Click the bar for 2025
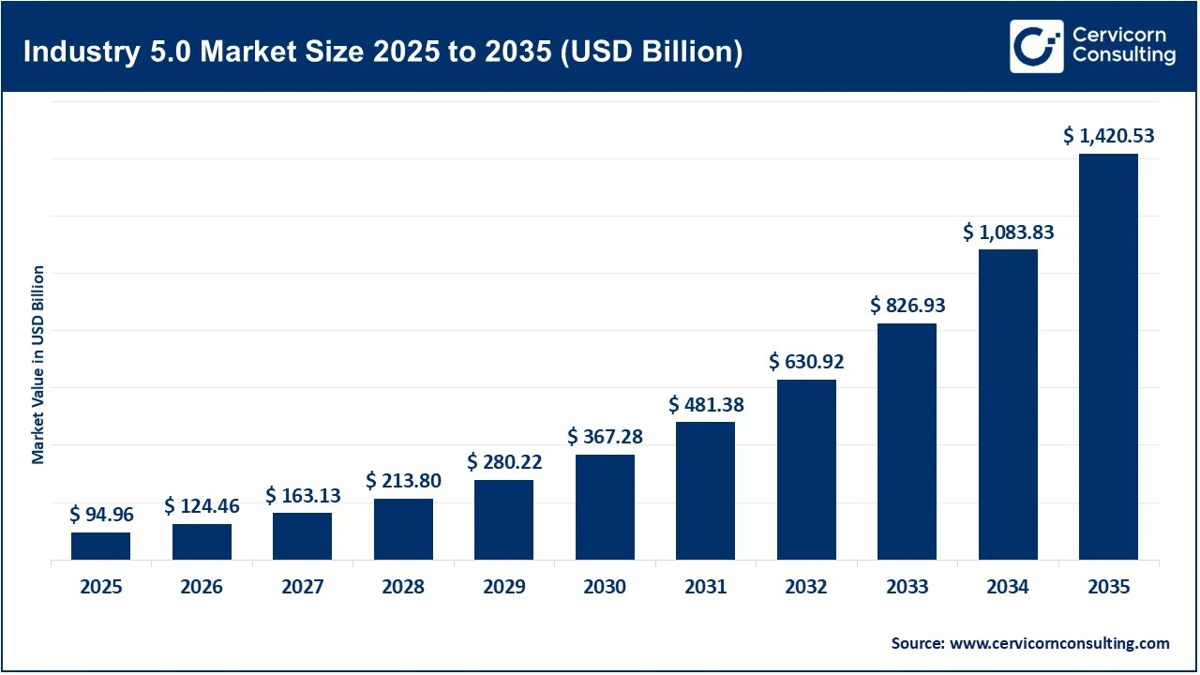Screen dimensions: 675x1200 tap(100, 546)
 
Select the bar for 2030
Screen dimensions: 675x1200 tap(605, 507)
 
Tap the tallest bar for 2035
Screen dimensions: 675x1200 tap(1108, 356)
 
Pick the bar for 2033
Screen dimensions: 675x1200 tap(907, 442)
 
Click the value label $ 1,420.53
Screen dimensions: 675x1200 tap(1108, 136)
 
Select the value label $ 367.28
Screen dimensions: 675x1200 tap(605, 437)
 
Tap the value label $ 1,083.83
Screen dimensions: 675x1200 tap(1008, 232)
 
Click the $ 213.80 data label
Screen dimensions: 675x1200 tap(403, 481)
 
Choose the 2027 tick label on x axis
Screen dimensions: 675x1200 tap(302, 587)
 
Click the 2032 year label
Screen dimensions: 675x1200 tap(806, 587)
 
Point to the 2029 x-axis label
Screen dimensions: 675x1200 tap(503, 587)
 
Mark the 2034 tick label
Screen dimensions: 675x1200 tap(1008, 587)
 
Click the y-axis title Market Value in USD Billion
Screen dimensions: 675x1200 tap(38, 364)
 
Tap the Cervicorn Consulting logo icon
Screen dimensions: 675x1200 tap(1036, 46)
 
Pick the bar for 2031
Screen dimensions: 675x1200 tap(705, 490)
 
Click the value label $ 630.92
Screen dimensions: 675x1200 tap(806, 361)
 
